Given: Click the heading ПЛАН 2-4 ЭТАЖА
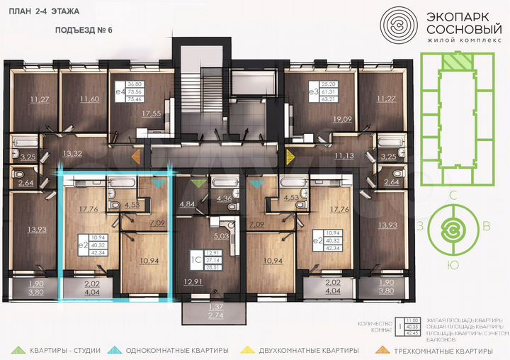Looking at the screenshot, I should click(45, 12).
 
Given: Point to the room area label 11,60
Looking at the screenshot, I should click(90, 99).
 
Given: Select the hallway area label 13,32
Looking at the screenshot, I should click(73, 153).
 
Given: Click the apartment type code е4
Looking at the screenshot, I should click(117, 92).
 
